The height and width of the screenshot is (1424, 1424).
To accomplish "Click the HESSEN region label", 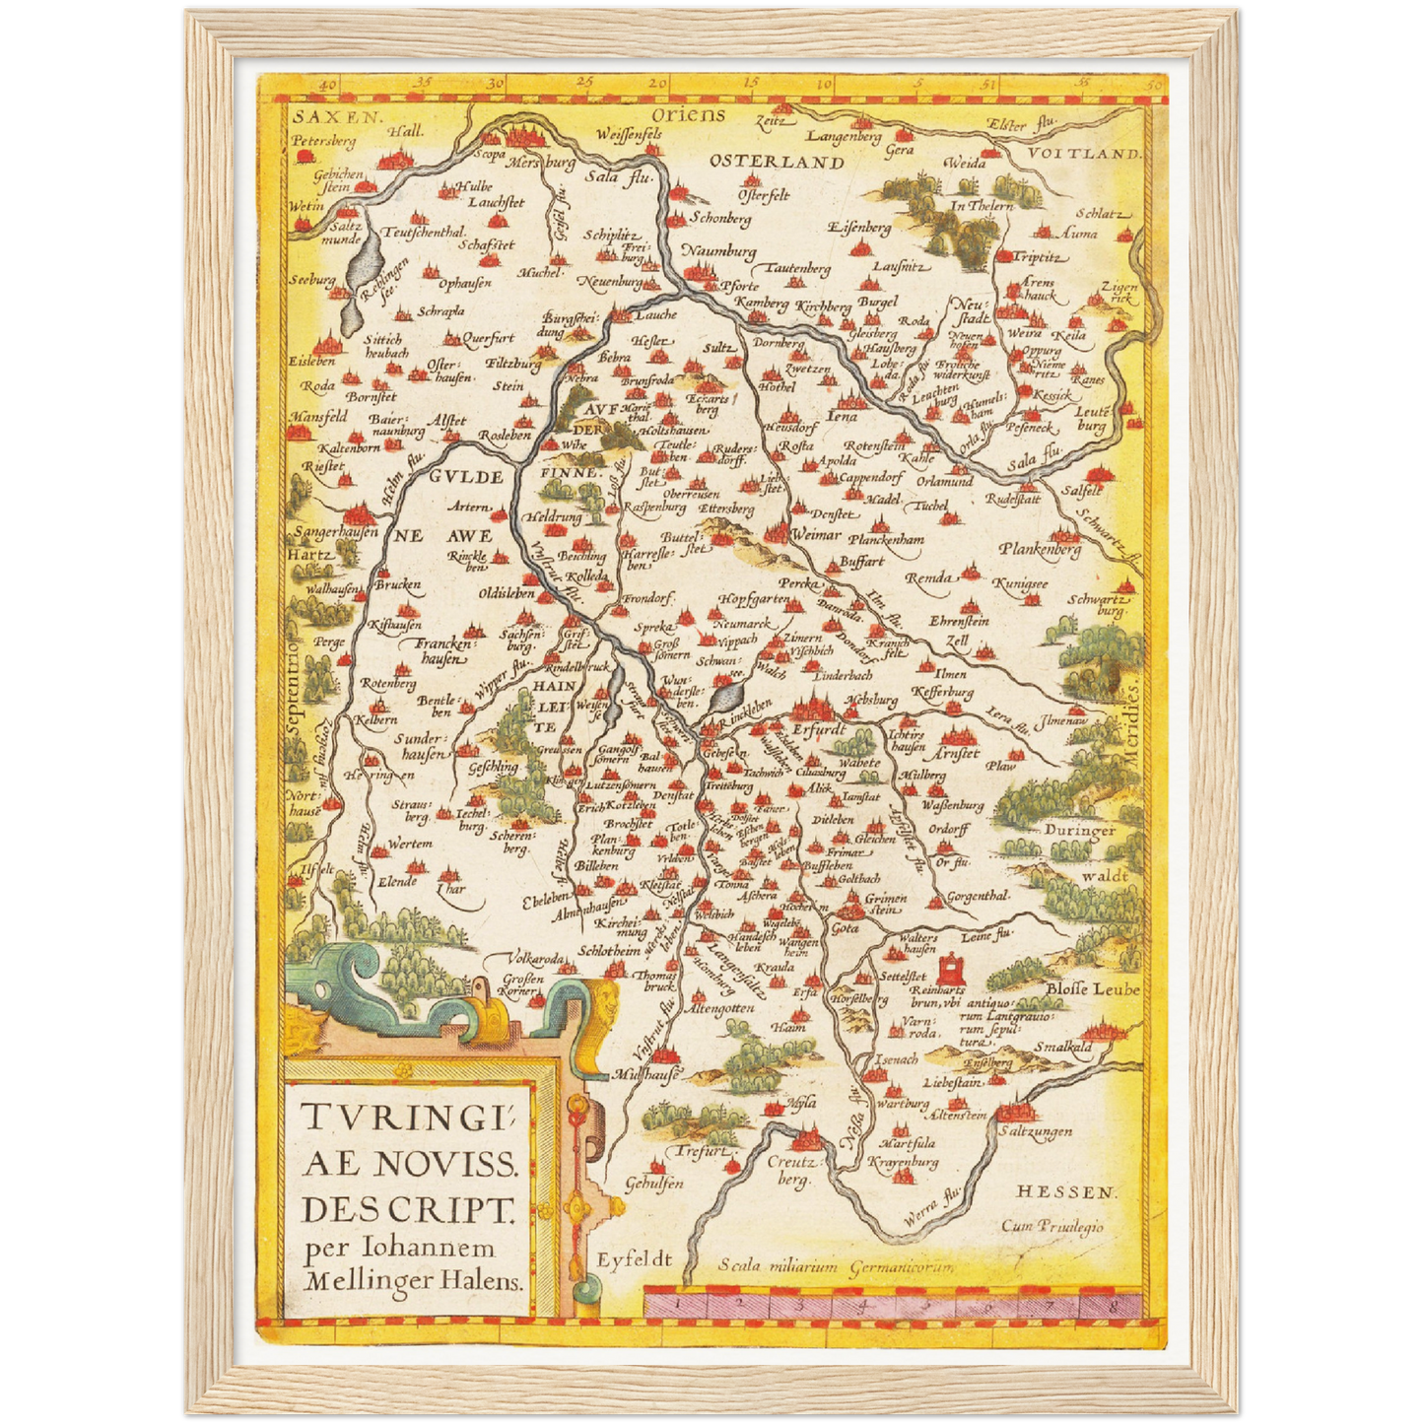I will (1067, 1192).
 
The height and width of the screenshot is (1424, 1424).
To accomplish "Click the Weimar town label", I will (817, 535).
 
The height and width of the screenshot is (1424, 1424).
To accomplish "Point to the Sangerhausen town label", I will (335, 532).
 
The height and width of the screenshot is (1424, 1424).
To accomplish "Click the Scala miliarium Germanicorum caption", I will (836, 1266).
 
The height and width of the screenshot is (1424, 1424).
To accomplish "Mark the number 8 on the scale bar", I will (1112, 1306).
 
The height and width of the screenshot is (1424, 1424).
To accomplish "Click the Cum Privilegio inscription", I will (1051, 1227).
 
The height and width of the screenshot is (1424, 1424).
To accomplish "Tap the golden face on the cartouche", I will (606, 1002).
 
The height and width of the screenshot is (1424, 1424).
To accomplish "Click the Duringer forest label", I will (1080, 831).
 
